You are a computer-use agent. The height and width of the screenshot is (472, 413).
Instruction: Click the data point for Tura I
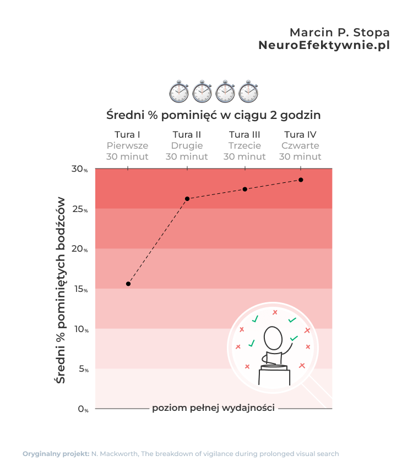point(128,284)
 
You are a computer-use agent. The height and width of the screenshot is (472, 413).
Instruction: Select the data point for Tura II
point(187,198)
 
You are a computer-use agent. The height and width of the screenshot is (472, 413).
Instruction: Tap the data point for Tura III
point(245,189)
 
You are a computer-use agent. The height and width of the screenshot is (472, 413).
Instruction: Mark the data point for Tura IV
point(301,180)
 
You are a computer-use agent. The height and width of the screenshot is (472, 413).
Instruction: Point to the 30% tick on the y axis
point(80,169)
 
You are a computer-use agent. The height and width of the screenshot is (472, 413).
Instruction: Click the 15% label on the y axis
point(80,289)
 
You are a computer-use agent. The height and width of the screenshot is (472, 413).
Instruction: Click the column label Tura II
point(187,135)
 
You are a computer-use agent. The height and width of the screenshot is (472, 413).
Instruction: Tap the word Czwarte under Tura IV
point(300,146)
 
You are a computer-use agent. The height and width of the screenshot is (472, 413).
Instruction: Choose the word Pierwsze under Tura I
point(127,146)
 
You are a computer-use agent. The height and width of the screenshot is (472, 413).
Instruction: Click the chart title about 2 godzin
point(213,116)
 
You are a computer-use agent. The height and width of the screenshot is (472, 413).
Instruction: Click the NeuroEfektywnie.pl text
point(324,46)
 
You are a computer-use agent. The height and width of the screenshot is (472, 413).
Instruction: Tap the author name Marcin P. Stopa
point(339,31)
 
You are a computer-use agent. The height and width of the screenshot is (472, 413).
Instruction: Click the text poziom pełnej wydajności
point(213,409)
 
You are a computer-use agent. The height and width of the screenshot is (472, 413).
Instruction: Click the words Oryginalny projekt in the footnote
point(56,454)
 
